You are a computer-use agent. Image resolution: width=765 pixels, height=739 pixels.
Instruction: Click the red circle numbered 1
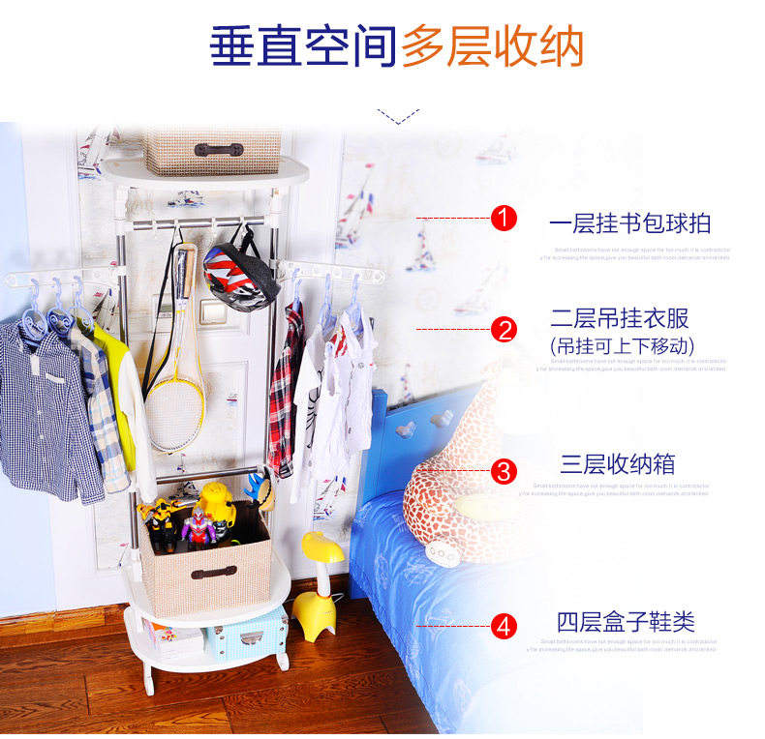tap(504, 219)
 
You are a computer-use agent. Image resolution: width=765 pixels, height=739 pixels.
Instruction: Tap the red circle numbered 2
tap(504, 330)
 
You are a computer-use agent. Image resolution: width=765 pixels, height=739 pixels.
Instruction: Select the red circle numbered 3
tap(504, 471)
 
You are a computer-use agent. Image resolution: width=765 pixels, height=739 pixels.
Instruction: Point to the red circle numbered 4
tap(504, 626)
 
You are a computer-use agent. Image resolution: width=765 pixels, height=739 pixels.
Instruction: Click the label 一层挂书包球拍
tap(629, 223)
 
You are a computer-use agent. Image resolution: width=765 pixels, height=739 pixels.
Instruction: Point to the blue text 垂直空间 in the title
tap(302, 46)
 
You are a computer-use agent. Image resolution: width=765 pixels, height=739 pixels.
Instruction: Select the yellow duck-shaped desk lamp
tap(317, 586)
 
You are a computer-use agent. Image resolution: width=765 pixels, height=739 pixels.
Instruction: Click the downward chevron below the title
tap(390, 118)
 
